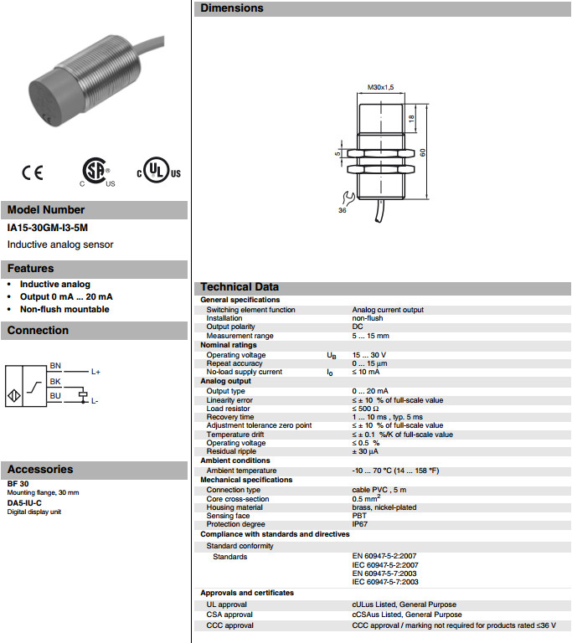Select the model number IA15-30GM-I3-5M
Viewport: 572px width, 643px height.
click(47, 228)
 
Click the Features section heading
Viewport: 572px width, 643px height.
click(31, 269)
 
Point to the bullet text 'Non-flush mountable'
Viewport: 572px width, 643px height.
click(64, 309)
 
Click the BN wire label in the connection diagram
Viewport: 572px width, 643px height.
click(55, 366)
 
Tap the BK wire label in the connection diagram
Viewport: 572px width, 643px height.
click(55, 381)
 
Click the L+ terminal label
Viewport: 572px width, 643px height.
click(96, 372)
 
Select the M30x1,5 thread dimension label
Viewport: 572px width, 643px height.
click(381, 86)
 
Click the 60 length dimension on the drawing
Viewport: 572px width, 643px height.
click(424, 152)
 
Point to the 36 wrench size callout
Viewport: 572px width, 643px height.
click(342, 210)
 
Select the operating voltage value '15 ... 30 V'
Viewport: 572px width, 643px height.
click(369, 355)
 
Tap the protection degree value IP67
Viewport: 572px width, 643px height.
click(360, 525)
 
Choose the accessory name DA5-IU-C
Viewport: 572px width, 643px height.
click(24, 502)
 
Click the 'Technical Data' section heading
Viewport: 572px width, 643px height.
click(240, 287)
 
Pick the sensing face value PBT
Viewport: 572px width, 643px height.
click(359, 516)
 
